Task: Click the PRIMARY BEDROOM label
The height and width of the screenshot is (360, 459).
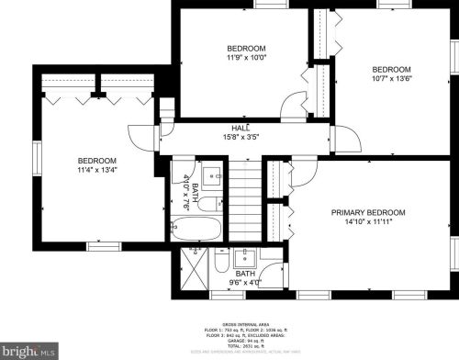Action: pos(367,212)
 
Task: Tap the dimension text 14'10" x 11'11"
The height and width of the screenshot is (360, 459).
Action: pos(367,221)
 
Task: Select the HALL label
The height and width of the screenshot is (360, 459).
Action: pos(241,129)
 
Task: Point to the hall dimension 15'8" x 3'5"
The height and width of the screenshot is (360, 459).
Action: pos(241,138)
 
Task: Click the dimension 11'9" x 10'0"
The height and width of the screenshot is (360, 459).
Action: pos(246,58)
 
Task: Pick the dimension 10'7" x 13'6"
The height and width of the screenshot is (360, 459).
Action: pos(390,79)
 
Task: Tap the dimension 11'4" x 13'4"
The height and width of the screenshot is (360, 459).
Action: pos(96,169)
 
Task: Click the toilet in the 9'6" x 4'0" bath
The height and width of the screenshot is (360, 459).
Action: pos(221,263)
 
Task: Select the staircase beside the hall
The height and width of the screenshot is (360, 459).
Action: pos(244,199)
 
